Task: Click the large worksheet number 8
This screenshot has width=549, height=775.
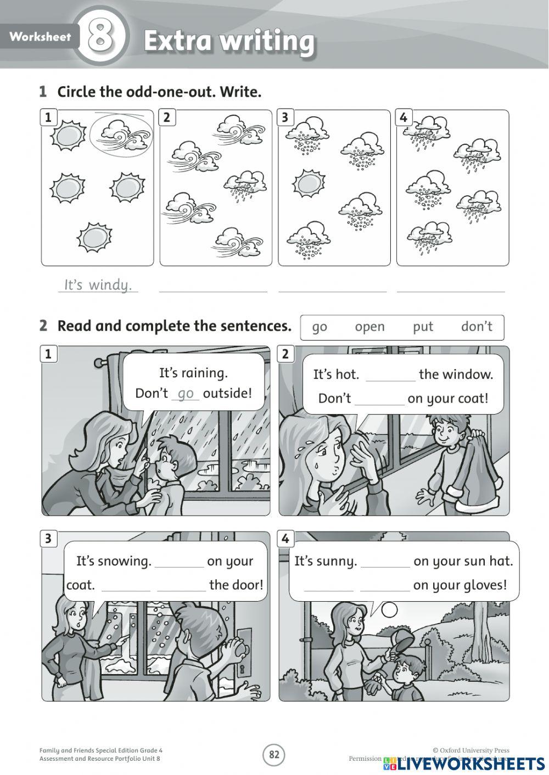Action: [100, 37]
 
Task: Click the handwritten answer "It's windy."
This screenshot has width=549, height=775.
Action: [98, 285]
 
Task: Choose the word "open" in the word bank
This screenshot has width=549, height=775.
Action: [369, 327]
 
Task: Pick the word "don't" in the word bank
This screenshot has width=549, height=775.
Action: [477, 327]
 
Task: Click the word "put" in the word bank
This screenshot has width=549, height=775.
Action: [423, 327]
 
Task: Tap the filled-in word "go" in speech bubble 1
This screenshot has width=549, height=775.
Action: [186, 393]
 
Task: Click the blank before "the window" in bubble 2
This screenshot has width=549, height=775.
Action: [390, 375]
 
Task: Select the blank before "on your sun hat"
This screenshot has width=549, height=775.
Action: [385, 562]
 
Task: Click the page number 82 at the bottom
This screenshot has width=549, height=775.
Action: [274, 755]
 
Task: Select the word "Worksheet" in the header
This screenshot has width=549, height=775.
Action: [40, 37]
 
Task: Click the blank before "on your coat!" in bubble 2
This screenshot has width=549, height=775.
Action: [379, 399]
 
